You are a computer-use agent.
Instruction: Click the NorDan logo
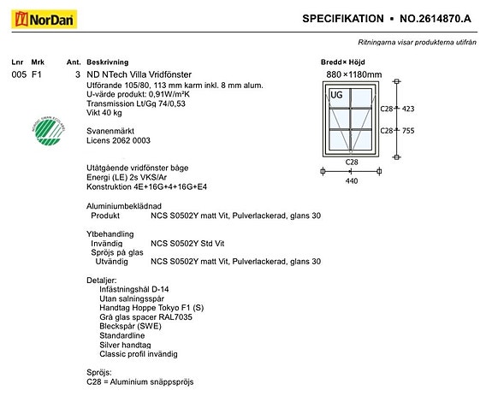44,19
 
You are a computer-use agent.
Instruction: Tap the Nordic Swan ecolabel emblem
49,132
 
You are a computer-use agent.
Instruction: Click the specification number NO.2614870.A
436,19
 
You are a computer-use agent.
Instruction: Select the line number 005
19,74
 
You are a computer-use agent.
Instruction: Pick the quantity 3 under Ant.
78,74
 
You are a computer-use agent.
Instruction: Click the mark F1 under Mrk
37,74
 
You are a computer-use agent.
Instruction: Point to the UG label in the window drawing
336,95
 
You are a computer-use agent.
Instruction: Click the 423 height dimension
408,109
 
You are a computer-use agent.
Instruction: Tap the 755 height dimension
408,131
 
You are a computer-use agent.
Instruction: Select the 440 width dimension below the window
352,181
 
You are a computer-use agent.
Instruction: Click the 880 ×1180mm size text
354,74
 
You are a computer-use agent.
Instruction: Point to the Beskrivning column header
108,62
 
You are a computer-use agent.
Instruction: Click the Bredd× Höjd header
342,62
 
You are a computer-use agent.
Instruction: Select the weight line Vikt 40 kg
104,113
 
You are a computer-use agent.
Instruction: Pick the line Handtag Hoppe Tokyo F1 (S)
151,308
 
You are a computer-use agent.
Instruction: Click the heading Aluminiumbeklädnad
124,206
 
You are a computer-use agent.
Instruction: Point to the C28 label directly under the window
352,163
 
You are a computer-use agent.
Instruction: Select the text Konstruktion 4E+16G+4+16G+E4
146,186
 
